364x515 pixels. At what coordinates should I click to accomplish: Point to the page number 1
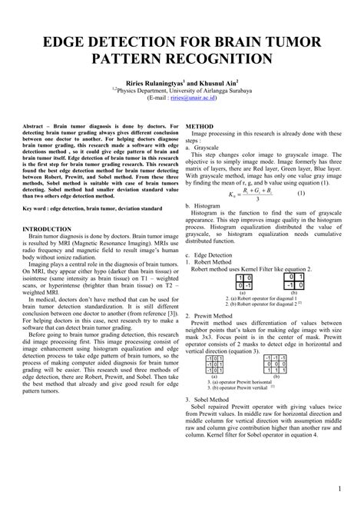click(x=339, y=489)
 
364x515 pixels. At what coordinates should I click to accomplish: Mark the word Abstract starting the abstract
click(x=36, y=125)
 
